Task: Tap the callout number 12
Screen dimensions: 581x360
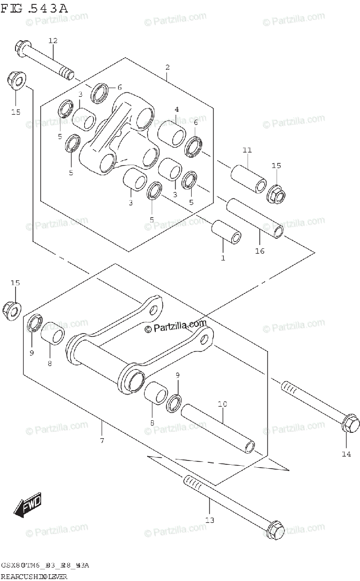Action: coord(53,41)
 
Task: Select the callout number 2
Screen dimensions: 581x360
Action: coord(167,67)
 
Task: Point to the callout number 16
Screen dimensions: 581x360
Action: coord(260,251)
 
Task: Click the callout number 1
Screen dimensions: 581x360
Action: coord(223,258)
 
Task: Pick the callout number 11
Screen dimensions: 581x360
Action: coord(247,151)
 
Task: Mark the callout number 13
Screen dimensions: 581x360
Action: coord(210,520)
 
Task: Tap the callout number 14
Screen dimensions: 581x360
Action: coord(347,455)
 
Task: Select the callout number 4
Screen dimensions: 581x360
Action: coord(177,109)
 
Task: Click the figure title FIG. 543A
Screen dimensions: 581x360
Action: coord(34,8)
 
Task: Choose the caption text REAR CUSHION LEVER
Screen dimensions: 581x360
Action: coord(33,577)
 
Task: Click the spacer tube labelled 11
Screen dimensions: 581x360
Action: coord(247,179)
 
